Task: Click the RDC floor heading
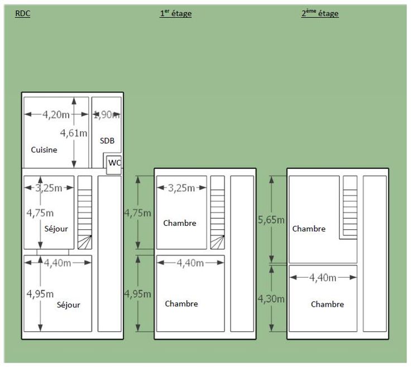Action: (x=23, y=13)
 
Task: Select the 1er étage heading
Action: (x=175, y=13)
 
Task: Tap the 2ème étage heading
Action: (x=320, y=13)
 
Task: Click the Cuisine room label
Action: (x=44, y=149)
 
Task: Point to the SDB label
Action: (x=107, y=141)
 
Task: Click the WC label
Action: (x=114, y=163)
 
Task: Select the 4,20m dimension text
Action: (x=56, y=115)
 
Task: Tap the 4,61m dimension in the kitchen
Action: (x=74, y=133)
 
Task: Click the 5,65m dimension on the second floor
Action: (x=271, y=220)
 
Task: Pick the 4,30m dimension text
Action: (x=271, y=299)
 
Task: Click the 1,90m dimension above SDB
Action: (x=107, y=115)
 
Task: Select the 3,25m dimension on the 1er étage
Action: (x=181, y=188)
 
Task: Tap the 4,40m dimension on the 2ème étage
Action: (x=323, y=278)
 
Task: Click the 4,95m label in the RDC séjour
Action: (x=40, y=294)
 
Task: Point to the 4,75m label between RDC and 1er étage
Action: (x=137, y=214)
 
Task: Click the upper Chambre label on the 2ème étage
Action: (x=309, y=229)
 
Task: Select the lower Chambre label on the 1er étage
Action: (x=181, y=303)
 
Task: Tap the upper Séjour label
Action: (x=56, y=229)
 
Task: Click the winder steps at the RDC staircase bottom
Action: (x=85, y=242)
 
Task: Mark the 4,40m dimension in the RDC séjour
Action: (x=58, y=263)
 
